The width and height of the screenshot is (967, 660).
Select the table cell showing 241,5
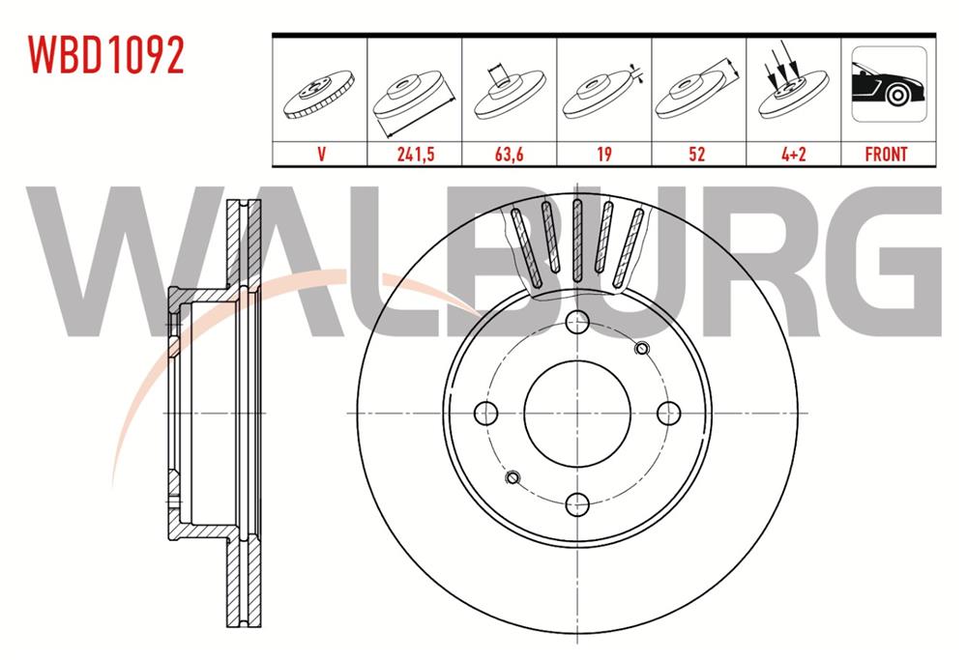413,154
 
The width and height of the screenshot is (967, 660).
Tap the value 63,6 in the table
508,154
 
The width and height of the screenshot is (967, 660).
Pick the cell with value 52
697,154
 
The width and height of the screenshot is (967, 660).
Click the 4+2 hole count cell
792,154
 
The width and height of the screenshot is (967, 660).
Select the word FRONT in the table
887,154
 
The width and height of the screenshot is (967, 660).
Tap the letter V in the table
319,154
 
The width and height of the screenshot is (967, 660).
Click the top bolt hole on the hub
577,323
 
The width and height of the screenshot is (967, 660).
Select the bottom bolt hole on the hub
577,502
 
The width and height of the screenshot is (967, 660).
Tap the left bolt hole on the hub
487,413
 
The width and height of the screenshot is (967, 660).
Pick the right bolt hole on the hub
667,413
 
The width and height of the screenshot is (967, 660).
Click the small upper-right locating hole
640,349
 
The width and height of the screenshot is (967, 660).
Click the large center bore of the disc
577,413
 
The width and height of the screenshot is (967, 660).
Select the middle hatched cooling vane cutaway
576,240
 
